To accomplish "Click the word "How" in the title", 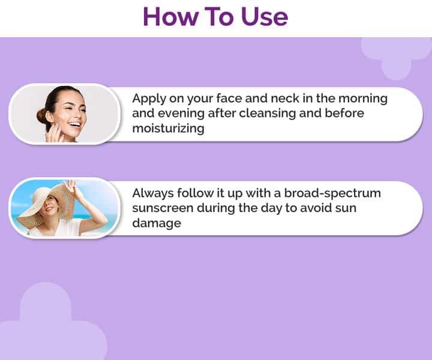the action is (171, 17).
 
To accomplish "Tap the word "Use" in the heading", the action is (265, 17).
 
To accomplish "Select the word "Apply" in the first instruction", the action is (149, 99).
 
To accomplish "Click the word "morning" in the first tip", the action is (363, 99).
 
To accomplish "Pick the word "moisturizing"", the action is (169, 128).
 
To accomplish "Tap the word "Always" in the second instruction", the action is (153, 194).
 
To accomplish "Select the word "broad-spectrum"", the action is (332, 194).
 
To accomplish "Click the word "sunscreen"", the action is (163, 208).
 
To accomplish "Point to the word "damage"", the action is (157, 223).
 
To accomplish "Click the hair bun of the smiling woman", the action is (42, 116).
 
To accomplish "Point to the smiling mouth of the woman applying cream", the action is (75, 125).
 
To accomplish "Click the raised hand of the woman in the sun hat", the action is (71, 187).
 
